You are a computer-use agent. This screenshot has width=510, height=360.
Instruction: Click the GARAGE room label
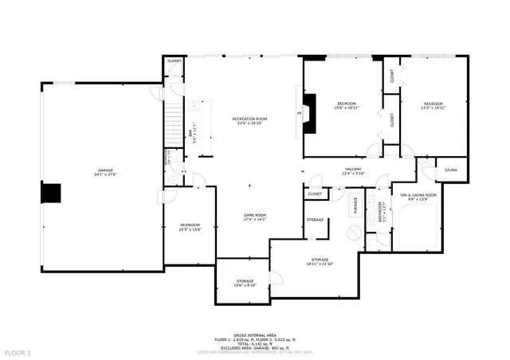tap(107, 171)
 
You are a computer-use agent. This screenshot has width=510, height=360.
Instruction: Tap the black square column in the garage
tap(52, 194)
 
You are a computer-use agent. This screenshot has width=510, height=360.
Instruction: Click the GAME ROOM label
tap(254, 217)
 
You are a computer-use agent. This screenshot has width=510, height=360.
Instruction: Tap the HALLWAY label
tap(353, 170)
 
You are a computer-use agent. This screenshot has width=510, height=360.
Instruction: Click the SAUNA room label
tap(450, 170)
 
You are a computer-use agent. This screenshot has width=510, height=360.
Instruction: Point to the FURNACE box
tap(355, 205)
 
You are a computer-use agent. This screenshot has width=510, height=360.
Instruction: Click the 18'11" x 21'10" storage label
tap(320, 262)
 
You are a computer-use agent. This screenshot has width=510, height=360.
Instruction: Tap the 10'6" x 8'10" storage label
tap(245, 283)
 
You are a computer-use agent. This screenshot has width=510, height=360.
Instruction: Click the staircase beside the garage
tap(174, 119)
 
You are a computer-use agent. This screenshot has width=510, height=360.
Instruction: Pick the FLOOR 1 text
tap(18, 352)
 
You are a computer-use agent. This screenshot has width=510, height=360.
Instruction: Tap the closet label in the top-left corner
tap(174, 61)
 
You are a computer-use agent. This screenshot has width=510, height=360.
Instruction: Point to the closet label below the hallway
tap(315, 194)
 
